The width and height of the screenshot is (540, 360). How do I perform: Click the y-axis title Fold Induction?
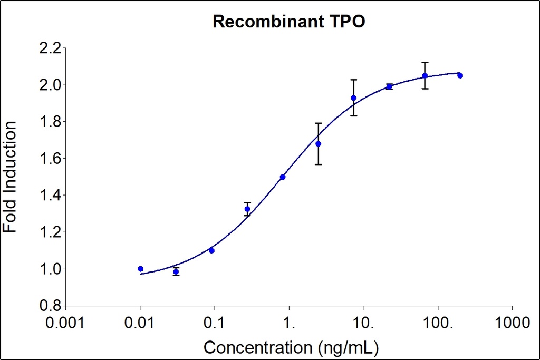[11, 177]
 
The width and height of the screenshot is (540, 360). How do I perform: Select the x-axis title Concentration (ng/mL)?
[291, 347]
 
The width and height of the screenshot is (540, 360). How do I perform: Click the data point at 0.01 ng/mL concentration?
[140, 269]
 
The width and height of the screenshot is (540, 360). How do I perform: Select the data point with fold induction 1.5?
[283, 177]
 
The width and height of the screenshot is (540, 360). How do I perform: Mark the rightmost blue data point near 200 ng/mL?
[460, 75]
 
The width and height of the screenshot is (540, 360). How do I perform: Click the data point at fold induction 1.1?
[211, 250]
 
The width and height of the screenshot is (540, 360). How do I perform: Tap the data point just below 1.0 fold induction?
[176, 272]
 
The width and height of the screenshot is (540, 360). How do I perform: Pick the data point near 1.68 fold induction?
[318, 144]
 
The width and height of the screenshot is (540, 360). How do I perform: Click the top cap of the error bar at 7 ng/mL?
[354, 80]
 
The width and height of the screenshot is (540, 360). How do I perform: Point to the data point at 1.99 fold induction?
[389, 86]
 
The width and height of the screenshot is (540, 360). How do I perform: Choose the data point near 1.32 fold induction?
[247, 209]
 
